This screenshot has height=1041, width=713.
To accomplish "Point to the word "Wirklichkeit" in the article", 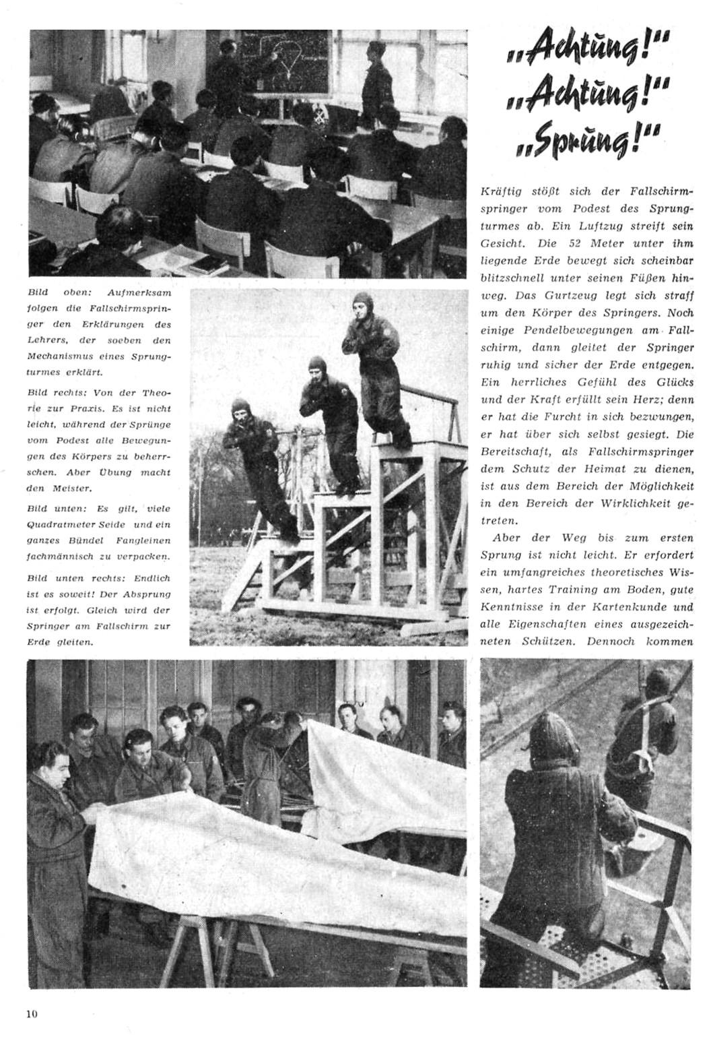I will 630,503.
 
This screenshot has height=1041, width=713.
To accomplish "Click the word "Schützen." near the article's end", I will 545,641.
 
